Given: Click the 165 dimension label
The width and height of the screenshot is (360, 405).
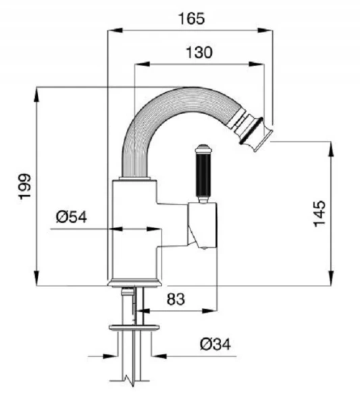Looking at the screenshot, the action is click(192, 19).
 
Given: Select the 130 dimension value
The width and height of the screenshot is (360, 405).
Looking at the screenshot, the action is click(199, 53).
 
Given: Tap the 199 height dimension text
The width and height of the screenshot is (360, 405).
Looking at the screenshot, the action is click(25, 186).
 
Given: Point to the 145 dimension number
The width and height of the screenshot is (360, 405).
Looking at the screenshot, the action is click(319, 213).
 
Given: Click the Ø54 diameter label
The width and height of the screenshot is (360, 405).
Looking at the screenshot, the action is click(72, 217).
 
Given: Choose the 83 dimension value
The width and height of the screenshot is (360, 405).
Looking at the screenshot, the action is click(176, 299).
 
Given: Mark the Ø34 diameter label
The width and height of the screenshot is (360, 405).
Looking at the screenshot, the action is click(215, 344).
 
